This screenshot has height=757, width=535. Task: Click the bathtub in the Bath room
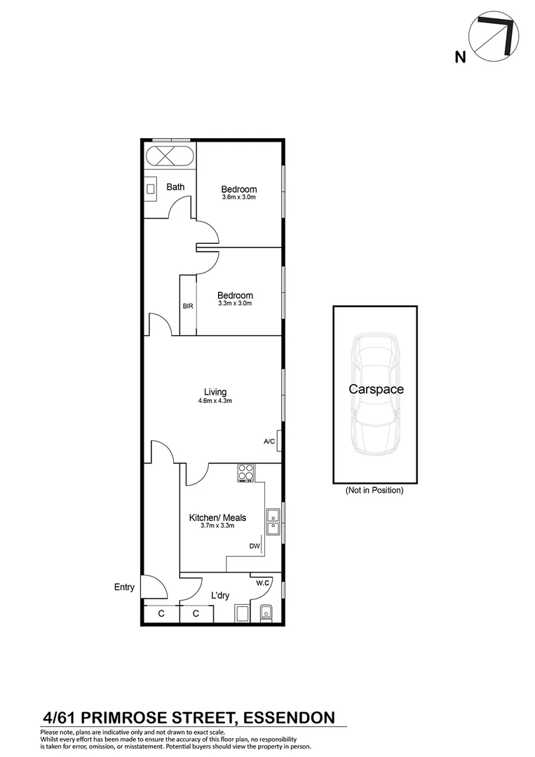point(168,156)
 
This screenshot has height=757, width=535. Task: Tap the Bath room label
point(175,187)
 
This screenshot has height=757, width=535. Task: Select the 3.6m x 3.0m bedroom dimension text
point(238,198)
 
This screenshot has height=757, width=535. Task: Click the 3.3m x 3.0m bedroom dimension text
point(234,304)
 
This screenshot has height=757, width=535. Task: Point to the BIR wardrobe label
point(188,306)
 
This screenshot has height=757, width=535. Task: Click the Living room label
point(215,392)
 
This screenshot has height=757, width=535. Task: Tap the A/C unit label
point(269,442)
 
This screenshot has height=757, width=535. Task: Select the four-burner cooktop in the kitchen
point(245,473)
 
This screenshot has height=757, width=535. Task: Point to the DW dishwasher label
point(254,547)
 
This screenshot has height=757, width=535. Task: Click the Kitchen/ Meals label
point(217,518)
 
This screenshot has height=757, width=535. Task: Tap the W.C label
point(263,582)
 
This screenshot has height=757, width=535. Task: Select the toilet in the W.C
point(266,613)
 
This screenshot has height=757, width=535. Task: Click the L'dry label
point(220,596)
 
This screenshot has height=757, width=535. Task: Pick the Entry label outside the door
point(124,587)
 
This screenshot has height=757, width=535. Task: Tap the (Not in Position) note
point(374,491)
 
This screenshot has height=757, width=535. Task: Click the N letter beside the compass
point(460,57)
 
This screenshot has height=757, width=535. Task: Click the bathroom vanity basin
point(151,189)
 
